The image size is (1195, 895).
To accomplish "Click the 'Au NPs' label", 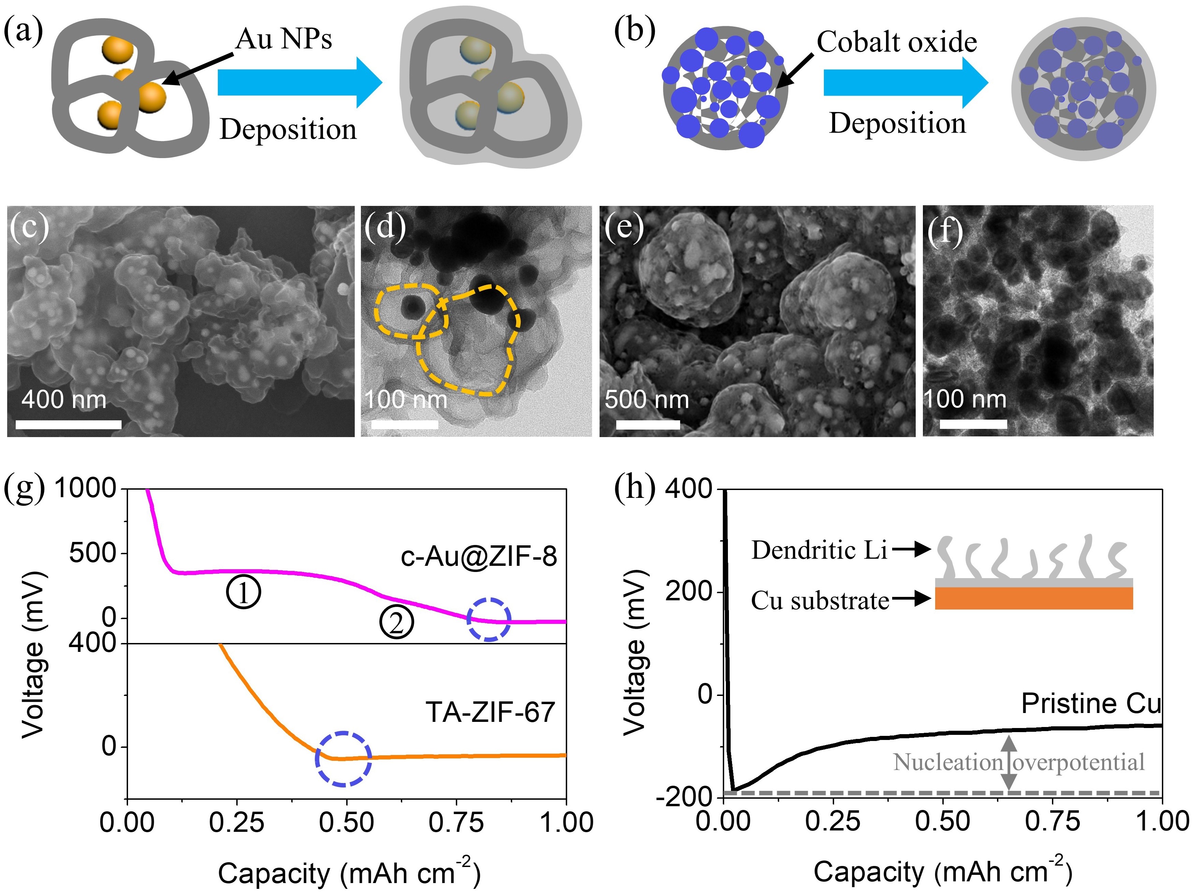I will [x=284, y=39].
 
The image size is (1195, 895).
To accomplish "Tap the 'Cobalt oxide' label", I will [x=897, y=42].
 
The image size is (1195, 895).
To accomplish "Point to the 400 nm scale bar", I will [x=69, y=424].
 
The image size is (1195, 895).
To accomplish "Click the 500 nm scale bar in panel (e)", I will [x=648, y=424].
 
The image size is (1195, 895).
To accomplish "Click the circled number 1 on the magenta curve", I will [x=243, y=592].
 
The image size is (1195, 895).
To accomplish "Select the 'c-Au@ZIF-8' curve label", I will [x=479, y=556].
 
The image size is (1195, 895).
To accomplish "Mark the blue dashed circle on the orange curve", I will [x=343, y=758].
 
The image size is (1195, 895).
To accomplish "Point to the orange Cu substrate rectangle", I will [x=1034, y=598].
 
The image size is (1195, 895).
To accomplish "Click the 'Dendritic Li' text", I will [x=819, y=550].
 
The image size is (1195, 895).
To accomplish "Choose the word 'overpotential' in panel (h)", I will [x=1078, y=762].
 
